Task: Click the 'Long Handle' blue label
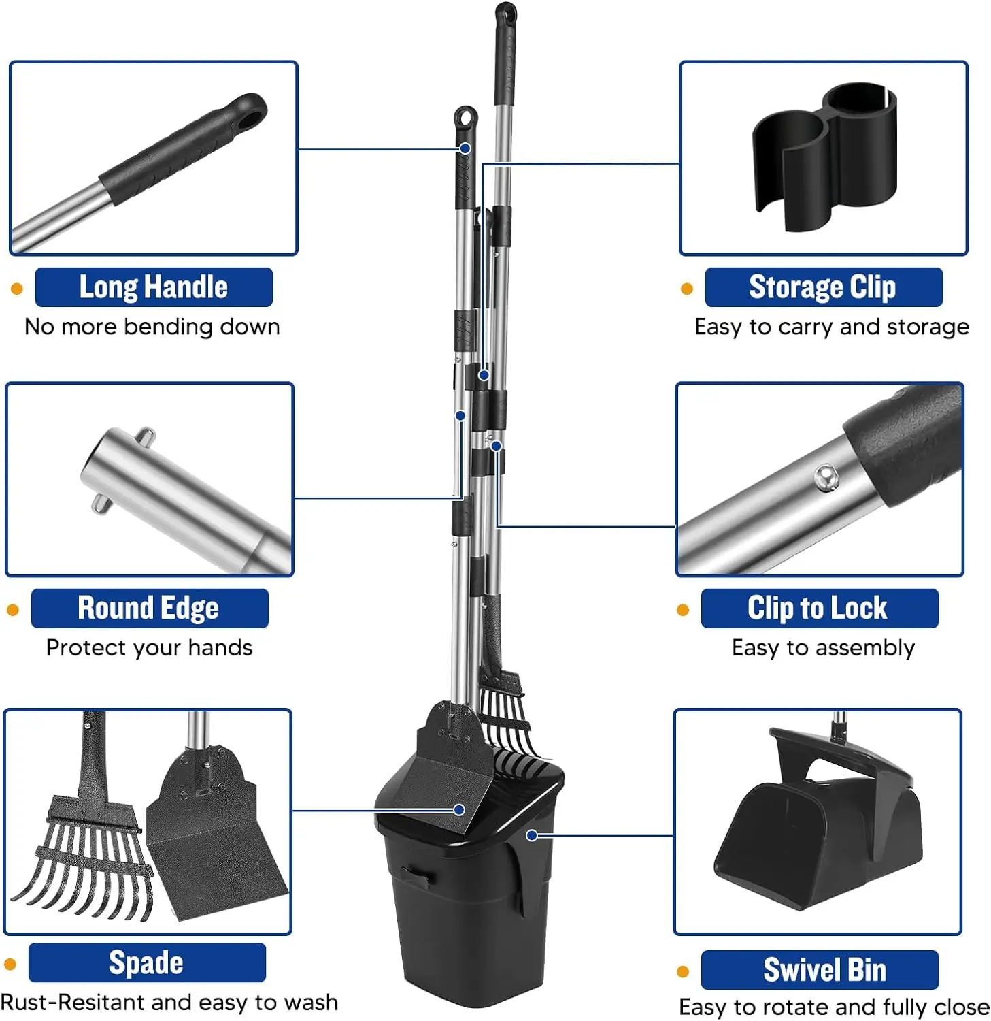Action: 154,287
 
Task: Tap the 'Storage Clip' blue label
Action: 823,287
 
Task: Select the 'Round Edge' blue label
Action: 149,608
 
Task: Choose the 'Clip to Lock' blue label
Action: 819,608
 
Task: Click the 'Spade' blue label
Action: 146,962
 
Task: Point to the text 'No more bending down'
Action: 152,327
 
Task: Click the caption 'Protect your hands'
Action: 149,647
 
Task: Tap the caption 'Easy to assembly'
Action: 823,647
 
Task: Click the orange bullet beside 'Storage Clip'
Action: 687,289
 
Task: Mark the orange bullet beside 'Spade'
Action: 10,964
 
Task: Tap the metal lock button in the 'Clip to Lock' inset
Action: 826,477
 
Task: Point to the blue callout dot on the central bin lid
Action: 532,835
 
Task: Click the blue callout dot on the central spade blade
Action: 459,809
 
